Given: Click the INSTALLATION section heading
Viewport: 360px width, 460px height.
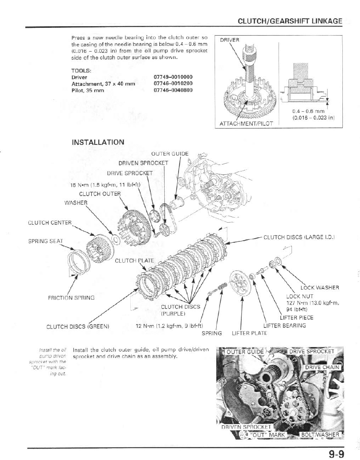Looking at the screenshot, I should pyautogui.click(x=98, y=142).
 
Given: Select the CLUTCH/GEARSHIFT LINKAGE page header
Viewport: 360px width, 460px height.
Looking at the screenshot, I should pyautogui.click(x=290, y=21).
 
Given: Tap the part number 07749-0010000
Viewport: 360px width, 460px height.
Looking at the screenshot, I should pyautogui.click(x=173, y=77).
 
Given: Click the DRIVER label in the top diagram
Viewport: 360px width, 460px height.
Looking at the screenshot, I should pyautogui.click(x=229, y=40).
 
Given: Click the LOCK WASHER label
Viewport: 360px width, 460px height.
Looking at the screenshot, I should pyautogui.click(x=320, y=287).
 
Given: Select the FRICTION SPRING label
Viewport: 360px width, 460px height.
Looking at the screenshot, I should pyautogui.click(x=71, y=298).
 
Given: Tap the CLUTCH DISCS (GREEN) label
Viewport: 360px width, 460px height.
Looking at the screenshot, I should pyautogui.click(x=77, y=326).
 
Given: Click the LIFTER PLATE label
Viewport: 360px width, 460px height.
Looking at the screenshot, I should pyautogui.click(x=249, y=333).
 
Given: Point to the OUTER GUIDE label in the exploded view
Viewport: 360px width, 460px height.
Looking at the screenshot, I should pyautogui.click(x=170, y=154).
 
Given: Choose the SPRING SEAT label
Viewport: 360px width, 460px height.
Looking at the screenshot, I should pyautogui.click(x=45, y=241).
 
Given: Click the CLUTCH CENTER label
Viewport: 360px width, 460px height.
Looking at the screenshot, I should pyautogui.click(x=50, y=223).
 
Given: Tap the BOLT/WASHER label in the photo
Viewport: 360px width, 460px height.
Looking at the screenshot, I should pyautogui.click(x=319, y=435).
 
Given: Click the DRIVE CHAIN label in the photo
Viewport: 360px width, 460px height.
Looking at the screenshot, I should pyautogui.click(x=322, y=367).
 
